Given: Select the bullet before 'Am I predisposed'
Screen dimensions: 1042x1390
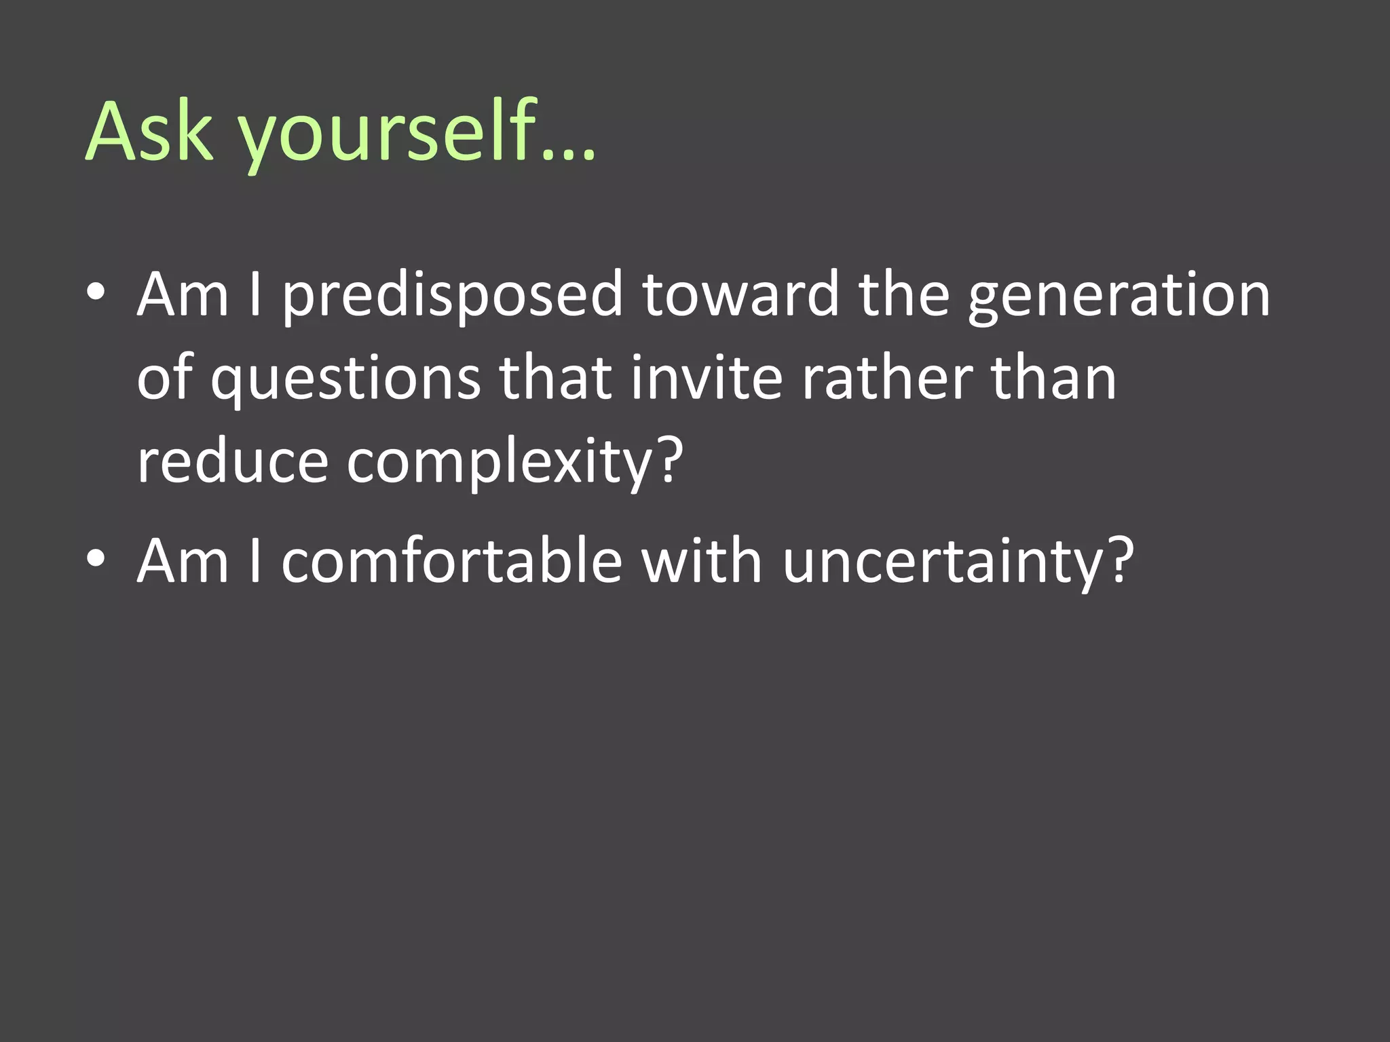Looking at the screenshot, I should point(96,292).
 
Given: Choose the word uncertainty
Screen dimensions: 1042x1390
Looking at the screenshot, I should point(944,563).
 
